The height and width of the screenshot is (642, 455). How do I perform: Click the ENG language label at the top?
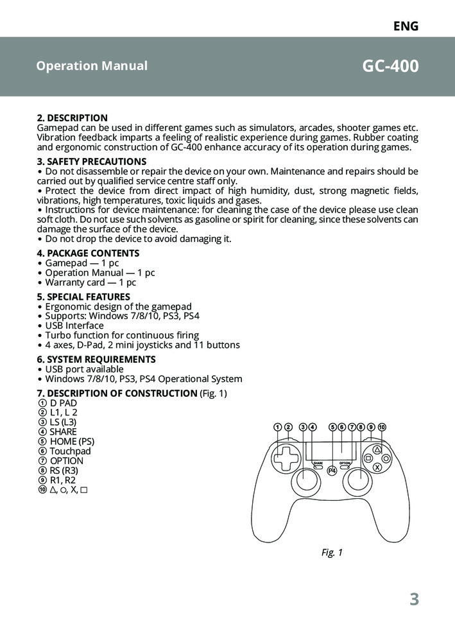[406, 26]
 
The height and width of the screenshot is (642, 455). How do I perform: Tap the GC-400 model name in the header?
[390, 67]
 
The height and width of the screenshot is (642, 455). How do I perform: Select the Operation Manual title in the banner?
[92, 66]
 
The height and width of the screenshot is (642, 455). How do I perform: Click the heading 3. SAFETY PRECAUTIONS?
[92, 162]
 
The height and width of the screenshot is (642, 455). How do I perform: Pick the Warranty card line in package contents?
[90, 282]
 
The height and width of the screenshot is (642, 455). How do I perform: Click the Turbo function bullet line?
[122, 335]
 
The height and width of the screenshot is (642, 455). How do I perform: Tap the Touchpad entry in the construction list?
[70, 451]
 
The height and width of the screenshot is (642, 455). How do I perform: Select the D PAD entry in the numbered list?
[63, 403]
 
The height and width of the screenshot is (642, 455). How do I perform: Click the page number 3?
[414, 600]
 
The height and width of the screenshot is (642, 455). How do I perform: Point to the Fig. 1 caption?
[332, 552]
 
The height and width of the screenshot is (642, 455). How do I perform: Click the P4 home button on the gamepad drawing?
[332, 471]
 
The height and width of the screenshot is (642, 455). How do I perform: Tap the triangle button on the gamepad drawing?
[377, 450]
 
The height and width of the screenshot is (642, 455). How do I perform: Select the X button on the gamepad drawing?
[377, 467]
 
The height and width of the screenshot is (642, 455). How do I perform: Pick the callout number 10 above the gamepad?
[382, 427]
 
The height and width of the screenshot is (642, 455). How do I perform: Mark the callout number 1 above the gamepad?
[277, 427]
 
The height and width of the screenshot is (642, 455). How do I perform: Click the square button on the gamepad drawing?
[368, 458]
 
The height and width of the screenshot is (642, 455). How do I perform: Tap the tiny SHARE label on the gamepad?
[318, 463]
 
